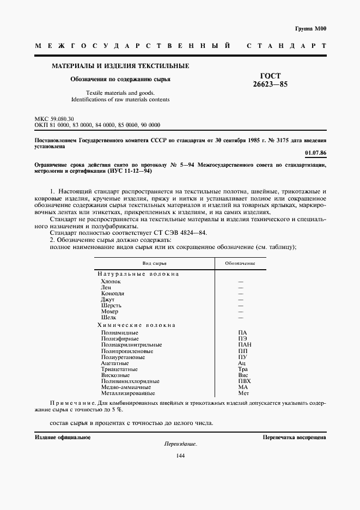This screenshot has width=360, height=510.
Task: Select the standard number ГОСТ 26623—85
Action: click(x=271, y=81)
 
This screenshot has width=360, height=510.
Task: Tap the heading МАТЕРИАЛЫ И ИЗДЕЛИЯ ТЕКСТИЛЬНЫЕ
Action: click(x=120, y=66)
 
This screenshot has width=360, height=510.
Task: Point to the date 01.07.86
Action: click(x=315, y=153)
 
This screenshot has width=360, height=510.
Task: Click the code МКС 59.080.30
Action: click(x=54, y=119)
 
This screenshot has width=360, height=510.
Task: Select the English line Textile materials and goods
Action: click(x=120, y=93)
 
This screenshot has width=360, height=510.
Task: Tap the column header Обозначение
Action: click(x=240, y=263)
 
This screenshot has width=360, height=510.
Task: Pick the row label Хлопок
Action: click(x=111, y=281)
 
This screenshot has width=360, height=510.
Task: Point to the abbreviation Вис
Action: click(x=243, y=375)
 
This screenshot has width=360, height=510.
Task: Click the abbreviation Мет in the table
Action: click(x=243, y=393)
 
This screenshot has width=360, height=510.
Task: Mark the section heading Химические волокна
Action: click(x=136, y=325)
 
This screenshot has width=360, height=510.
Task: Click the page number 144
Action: click(x=180, y=456)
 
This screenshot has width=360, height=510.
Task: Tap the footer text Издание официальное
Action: click(x=63, y=437)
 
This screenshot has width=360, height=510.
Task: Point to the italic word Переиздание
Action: click(x=180, y=444)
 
